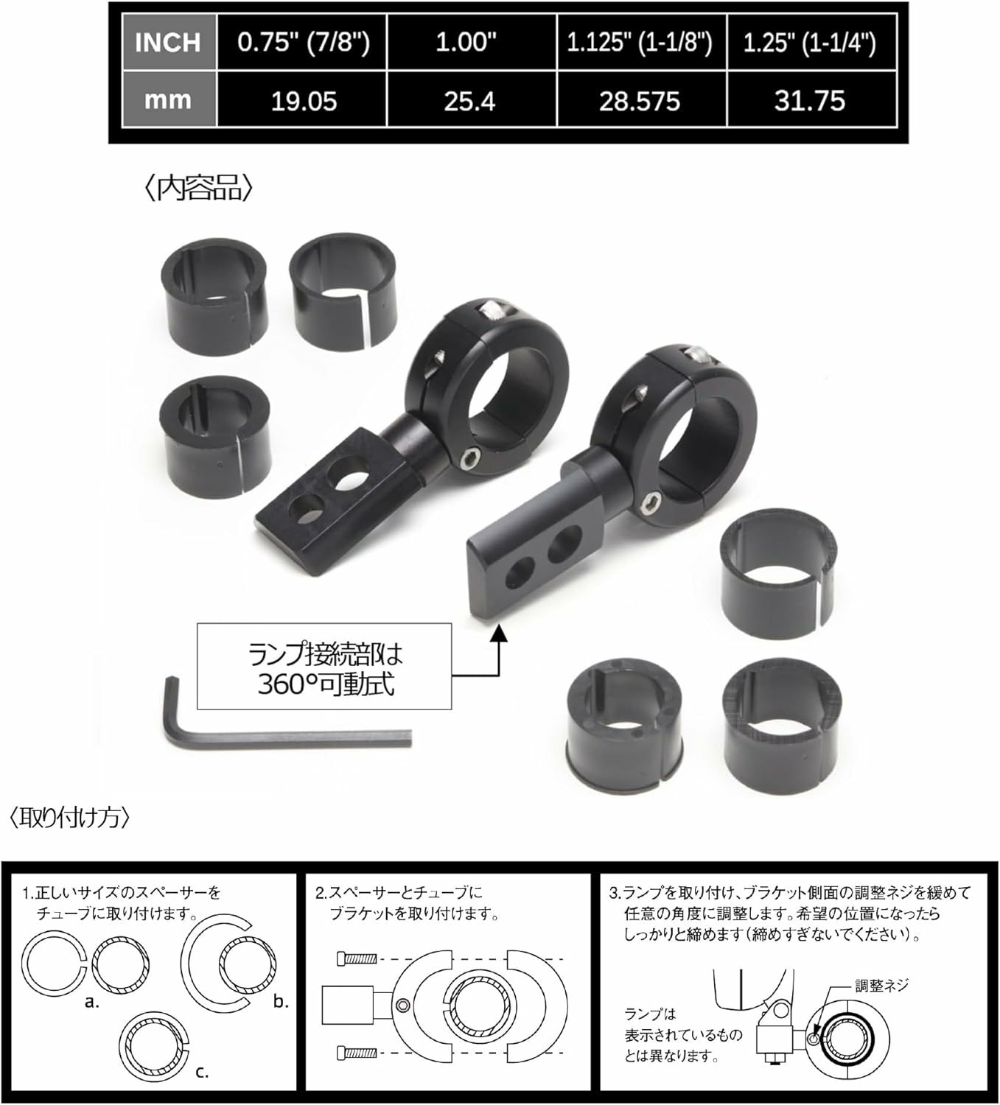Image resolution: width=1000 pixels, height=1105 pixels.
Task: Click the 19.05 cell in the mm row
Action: point(303,100)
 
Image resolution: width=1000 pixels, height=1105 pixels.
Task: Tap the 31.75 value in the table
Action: point(810,100)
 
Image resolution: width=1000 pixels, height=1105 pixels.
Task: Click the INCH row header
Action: point(167,42)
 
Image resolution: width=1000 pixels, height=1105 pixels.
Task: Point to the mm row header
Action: point(167,100)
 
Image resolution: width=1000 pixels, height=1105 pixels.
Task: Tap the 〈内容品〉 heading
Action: point(198,189)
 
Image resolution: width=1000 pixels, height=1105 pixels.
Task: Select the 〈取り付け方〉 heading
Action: point(70,818)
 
